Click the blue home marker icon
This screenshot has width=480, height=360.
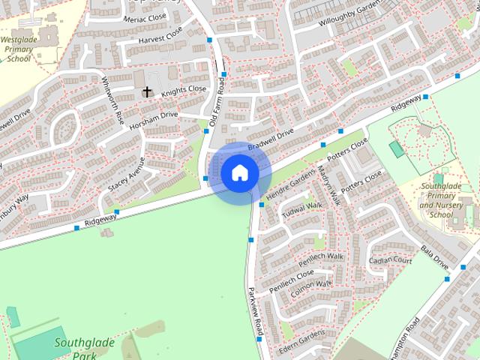(x=240, y=172)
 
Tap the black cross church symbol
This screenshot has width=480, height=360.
(x=147, y=93)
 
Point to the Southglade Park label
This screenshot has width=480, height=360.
(x=84, y=349)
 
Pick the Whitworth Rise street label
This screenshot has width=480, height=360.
(x=112, y=100)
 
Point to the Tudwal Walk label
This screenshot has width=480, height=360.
(x=301, y=207)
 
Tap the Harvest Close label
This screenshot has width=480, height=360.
(x=161, y=35)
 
